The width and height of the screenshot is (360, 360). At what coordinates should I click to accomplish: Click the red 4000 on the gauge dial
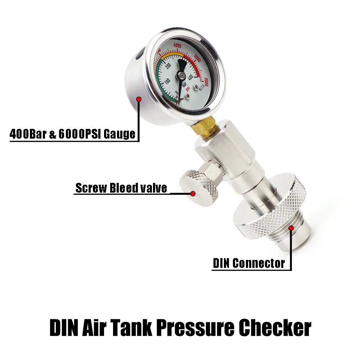177,46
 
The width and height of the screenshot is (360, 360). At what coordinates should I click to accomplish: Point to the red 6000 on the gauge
206,81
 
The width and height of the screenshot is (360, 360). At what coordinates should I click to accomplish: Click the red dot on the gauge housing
138,98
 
